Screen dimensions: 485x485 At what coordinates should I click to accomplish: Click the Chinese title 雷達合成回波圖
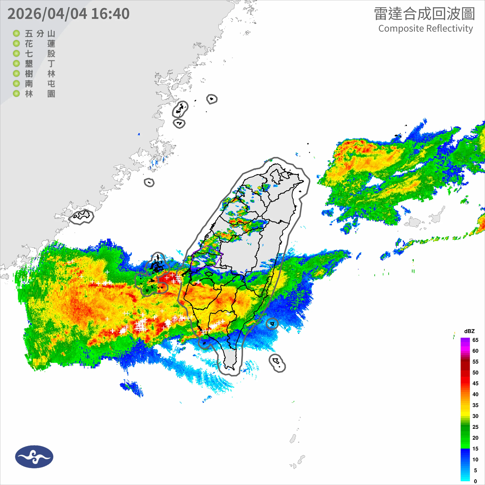coord(424,14)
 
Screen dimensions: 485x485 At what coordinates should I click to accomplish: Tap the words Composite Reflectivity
coord(426,29)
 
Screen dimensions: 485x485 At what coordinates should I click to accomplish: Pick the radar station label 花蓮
coord(40,44)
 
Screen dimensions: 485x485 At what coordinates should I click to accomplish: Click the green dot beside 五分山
coord(16,33)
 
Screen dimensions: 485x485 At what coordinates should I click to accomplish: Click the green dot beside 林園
coord(16,94)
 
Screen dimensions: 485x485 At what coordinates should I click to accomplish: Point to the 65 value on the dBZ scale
coord(475,340)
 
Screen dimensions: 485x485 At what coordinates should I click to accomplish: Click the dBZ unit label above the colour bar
coord(469,331)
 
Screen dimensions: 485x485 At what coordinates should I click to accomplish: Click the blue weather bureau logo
coord(34,457)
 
